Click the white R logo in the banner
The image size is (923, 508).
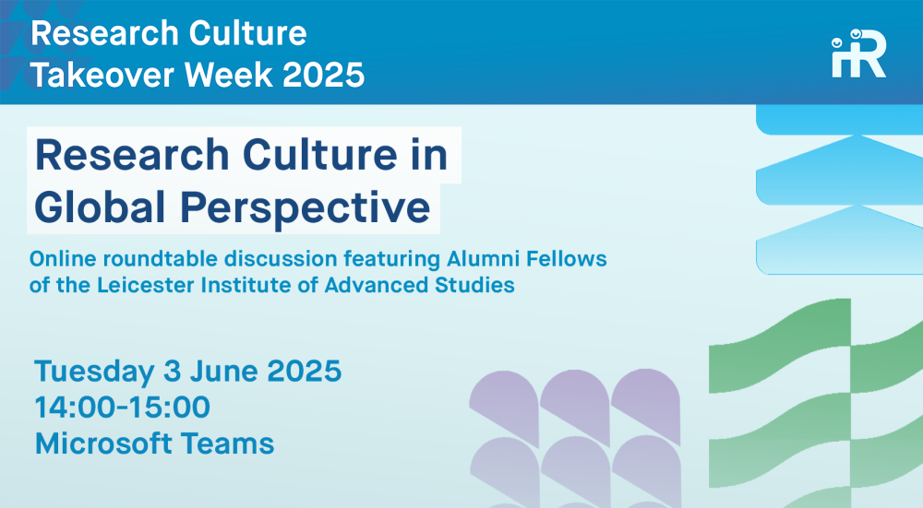click(x=858, y=53)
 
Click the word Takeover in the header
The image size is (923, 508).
click(x=102, y=76)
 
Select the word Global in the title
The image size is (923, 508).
click(x=100, y=207)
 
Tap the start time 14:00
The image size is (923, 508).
click(x=77, y=407)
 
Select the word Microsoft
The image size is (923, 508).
click(x=103, y=443)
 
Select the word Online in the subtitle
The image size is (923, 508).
click(x=64, y=259)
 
